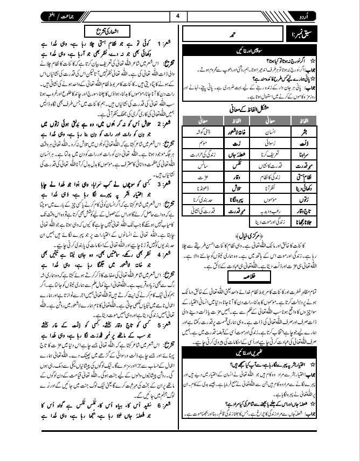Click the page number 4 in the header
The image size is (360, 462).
coord(178,16)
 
